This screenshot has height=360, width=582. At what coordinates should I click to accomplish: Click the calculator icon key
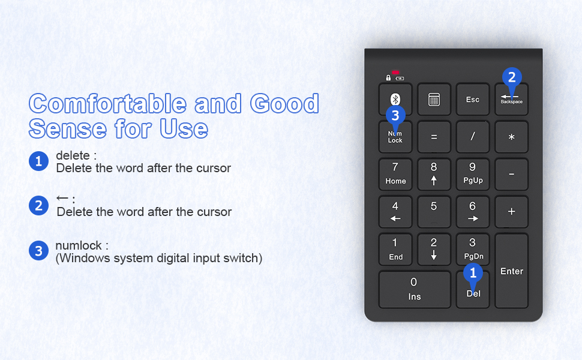(434, 100)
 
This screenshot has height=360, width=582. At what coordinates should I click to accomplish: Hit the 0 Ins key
(414, 289)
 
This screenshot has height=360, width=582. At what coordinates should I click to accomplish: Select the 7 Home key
(395, 174)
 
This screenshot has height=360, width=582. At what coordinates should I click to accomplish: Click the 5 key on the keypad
(434, 211)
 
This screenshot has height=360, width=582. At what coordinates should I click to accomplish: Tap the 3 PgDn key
(472, 249)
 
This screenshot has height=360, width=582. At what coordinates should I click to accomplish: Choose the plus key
(511, 211)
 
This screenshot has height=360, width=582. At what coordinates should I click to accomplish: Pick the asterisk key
(511, 137)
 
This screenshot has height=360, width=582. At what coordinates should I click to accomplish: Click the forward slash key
(472, 137)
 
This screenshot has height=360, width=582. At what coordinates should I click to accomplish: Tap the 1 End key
(395, 249)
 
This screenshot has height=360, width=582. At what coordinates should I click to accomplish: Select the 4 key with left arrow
(395, 211)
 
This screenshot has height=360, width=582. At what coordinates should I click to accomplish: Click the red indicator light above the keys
(395, 73)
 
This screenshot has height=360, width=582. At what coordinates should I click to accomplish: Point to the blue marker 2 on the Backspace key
(511, 77)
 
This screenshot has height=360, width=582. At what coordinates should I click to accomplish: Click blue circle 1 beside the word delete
(38, 161)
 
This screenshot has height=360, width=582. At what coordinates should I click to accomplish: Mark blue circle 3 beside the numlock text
(38, 251)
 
